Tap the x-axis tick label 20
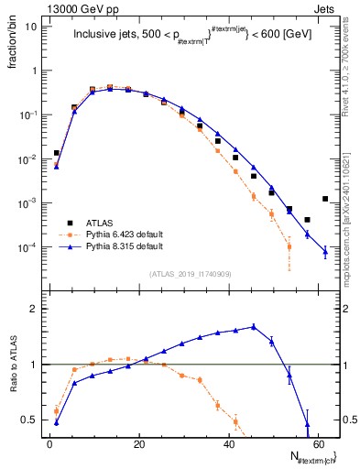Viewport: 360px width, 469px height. click(139, 444)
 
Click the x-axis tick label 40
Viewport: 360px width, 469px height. click(229, 444)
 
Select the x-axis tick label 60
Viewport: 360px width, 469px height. click(319, 444)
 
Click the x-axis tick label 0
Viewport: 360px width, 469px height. click(50, 444)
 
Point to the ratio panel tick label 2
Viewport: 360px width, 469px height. click(33, 309)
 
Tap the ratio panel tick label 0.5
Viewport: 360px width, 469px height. click(29, 420)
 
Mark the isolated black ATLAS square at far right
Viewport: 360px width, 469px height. click(325, 199)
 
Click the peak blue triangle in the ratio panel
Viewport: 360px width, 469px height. click(253, 326)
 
